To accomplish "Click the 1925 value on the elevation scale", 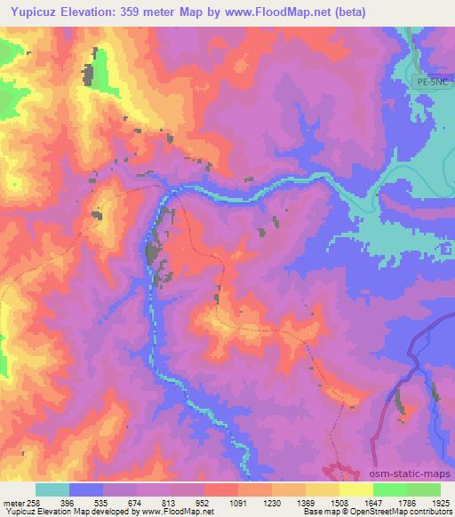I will pos(439,502).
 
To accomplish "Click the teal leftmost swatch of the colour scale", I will pos(52,489).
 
